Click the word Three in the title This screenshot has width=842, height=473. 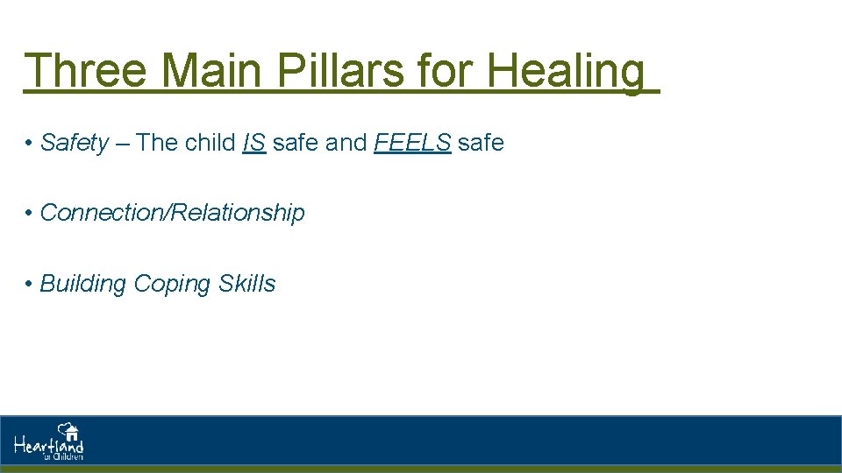click(85, 70)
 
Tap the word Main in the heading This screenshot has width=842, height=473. click(211, 70)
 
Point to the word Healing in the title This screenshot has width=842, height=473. click(566, 72)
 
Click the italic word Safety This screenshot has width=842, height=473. click(75, 143)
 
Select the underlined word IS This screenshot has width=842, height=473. click(253, 143)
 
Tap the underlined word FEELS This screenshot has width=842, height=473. click(412, 143)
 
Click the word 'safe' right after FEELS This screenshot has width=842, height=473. click(481, 143)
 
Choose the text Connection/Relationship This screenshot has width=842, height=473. click(173, 213)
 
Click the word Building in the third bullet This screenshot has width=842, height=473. click(83, 284)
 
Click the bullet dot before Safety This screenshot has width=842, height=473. click(30, 144)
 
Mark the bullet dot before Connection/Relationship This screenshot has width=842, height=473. click(30, 214)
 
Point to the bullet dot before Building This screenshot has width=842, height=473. click(30, 285)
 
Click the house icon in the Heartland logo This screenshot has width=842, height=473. click(69, 431)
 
